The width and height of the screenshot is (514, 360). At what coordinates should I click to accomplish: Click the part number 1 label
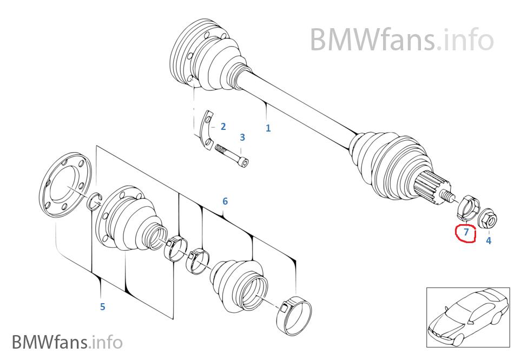(x=268, y=128)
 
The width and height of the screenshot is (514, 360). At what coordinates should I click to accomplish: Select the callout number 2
(x=223, y=127)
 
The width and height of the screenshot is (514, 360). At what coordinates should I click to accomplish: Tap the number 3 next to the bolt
(x=242, y=138)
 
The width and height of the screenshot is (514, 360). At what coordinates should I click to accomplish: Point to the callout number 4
(x=489, y=240)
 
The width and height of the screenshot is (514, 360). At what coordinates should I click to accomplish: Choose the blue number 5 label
(x=102, y=307)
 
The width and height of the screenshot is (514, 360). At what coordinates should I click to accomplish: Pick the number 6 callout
(x=225, y=201)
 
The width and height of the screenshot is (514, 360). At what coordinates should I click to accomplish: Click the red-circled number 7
(x=466, y=232)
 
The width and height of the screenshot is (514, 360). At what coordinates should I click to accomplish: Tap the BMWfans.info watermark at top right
(x=401, y=39)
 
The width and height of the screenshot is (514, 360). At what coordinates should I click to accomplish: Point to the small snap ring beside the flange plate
(x=95, y=200)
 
